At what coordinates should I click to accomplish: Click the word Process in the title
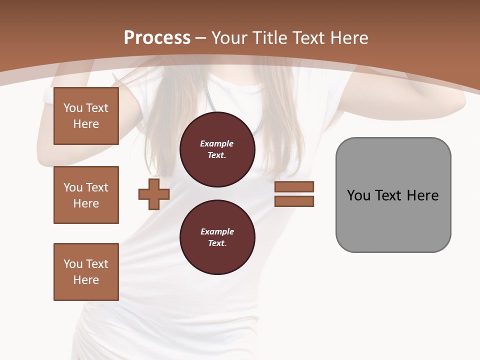pyautogui.click(x=157, y=38)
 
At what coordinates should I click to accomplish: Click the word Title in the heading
pyautogui.click(x=269, y=38)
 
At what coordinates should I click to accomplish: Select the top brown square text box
pyautogui.click(x=86, y=116)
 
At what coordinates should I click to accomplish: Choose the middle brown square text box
pyautogui.click(x=86, y=195)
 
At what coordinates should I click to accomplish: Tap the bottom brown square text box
pyautogui.click(x=86, y=272)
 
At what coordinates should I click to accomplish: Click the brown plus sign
pyautogui.click(x=154, y=194)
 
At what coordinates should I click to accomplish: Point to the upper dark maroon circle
pyautogui.click(x=217, y=149)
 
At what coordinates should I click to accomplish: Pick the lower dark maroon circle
pyautogui.click(x=217, y=237)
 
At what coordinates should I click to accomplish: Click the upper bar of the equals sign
pyautogui.click(x=294, y=186)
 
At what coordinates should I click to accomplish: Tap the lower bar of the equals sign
pyautogui.click(x=294, y=201)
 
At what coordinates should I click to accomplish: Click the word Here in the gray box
pyautogui.click(x=422, y=195)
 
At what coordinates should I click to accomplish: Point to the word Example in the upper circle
pyautogui.click(x=216, y=144)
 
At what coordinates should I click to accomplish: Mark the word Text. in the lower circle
pyautogui.click(x=217, y=243)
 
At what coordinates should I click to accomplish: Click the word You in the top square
pyautogui.click(x=72, y=108)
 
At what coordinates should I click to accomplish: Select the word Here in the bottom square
pyautogui.click(x=86, y=280)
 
